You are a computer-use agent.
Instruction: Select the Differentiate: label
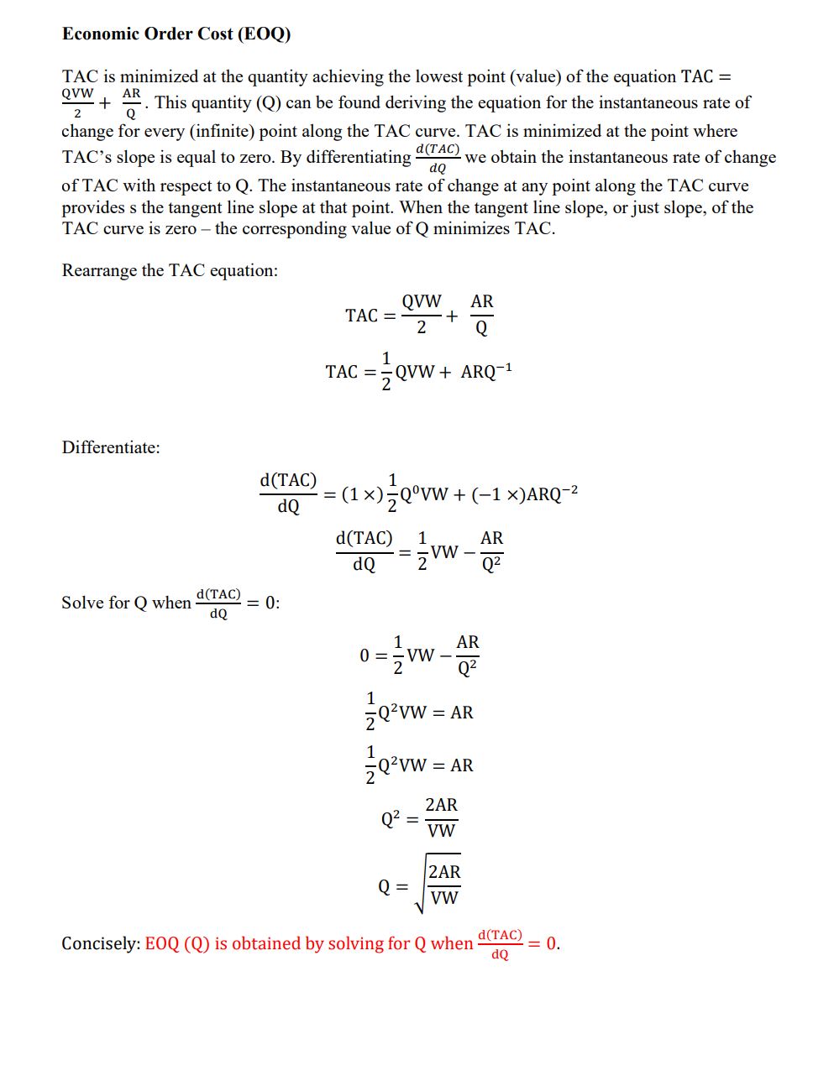click(x=111, y=447)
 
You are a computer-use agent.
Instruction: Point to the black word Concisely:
click(x=101, y=943)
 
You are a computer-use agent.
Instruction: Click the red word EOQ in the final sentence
click(x=162, y=943)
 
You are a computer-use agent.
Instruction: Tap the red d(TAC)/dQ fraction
click(x=500, y=944)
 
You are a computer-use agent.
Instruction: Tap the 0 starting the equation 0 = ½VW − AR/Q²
click(x=365, y=655)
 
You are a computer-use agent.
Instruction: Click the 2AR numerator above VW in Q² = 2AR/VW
click(x=441, y=805)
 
